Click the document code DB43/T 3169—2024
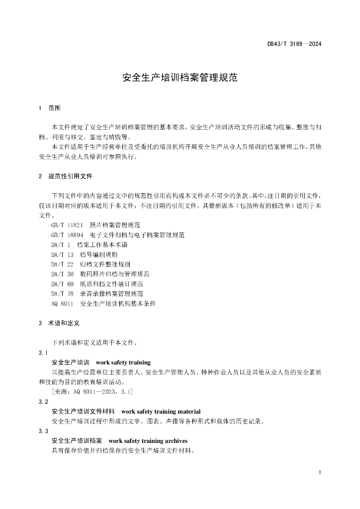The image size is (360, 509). (x=294, y=44)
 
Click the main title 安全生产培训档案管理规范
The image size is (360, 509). (x=180, y=78)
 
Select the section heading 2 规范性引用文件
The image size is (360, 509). (x=65, y=176)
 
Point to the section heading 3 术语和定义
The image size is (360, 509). (x=59, y=323)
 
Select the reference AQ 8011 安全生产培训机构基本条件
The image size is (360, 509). (x=103, y=303)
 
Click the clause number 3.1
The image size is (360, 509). (x=43, y=352)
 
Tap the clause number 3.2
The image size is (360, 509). (x=43, y=402)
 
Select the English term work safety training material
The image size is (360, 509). (x=161, y=412)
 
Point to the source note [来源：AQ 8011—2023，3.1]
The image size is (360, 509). (x=92, y=392)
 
